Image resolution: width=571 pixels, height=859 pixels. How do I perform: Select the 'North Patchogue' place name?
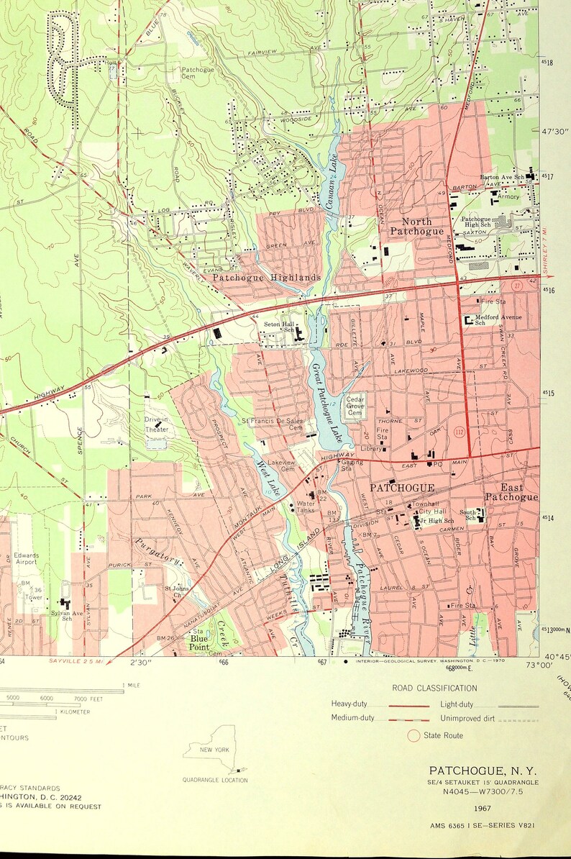point(416,227)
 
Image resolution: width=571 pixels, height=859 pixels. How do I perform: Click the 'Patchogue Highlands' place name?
point(266,277)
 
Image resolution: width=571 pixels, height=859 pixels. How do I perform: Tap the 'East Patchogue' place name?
point(511,492)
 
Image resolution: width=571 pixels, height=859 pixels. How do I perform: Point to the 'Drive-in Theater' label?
point(156,424)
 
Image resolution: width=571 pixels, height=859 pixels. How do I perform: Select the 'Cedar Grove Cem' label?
point(355,406)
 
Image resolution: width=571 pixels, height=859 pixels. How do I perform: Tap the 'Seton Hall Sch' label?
point(280,327)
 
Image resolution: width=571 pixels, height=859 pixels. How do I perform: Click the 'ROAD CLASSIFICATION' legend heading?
point(434,688)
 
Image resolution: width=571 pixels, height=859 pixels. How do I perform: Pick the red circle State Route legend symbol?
point(413,735)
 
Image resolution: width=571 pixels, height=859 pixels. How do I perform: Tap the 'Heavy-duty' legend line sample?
point(408,705)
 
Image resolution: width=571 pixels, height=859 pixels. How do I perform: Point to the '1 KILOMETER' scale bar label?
point(72,712)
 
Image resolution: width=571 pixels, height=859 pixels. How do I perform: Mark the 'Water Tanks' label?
point(306,507)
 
